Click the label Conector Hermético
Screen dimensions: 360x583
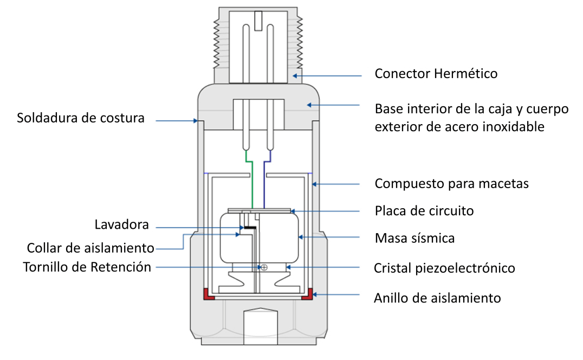pos(436,73)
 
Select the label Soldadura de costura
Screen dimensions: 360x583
pos(81,118)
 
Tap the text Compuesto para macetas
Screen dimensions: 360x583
pos(451,184)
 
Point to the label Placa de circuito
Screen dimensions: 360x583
pos(424,210)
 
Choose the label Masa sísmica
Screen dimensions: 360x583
pos(414,237)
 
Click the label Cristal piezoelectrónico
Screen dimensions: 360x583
pos(444,268)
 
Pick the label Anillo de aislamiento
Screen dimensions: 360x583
pos(437,298)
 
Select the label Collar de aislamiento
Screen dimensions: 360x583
pos(90,248)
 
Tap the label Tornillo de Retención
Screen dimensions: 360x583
pos(87,267)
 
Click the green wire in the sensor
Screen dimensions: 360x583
pos(252,184)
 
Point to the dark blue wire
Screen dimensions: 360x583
pos(264,184)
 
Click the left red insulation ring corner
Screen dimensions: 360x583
pos(208,294)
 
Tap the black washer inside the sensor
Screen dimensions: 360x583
pos(250,228)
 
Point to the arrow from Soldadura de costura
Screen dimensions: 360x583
pos(176,121)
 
